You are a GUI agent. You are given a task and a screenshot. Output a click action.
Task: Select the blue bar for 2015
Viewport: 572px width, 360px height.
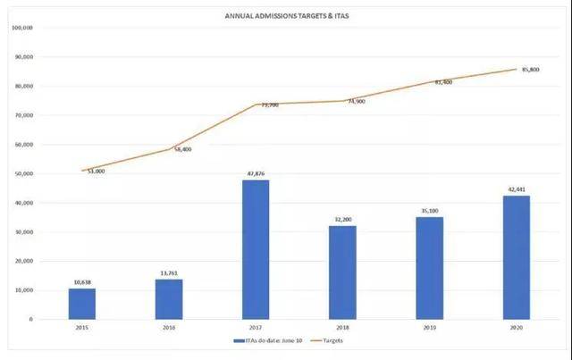point(82,304)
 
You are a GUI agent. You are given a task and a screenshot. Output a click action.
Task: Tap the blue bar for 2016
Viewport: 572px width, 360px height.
point(169,299)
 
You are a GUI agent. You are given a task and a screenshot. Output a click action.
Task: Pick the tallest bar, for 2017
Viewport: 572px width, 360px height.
point(256,250)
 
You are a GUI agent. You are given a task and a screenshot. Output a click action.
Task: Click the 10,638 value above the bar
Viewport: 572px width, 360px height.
point(82,282)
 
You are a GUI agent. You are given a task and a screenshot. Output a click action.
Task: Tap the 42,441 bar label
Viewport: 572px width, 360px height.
point(516,189)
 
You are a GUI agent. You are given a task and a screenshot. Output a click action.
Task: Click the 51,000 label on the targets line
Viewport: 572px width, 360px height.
point(95,171)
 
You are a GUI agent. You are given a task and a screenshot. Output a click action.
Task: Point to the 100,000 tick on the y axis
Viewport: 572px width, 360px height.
point(22,28)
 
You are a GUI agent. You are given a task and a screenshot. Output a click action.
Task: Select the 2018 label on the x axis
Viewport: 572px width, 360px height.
point(342,328)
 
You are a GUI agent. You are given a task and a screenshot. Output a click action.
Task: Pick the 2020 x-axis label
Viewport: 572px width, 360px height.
point(516,328)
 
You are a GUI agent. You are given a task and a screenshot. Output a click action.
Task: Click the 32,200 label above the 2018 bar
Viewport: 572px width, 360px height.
point(342,219)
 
